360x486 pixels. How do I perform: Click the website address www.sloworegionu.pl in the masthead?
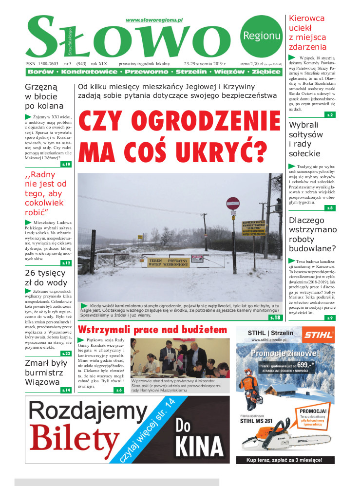click(153, 20)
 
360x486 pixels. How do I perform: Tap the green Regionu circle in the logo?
click(261, 36)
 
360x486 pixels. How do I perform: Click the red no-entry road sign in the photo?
click(233, 203)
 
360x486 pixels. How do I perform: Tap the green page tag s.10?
click(66, 164)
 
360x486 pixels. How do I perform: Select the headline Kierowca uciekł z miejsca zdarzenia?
click(308, 33)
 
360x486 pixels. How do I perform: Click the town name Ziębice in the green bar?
click(266, 72)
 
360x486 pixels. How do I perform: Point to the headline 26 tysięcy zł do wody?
click(45, 278)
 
